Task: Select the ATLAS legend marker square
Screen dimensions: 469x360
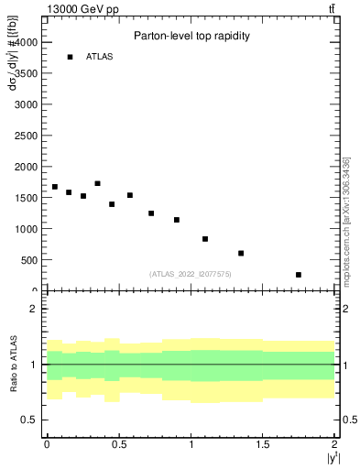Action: [x=70, y=57]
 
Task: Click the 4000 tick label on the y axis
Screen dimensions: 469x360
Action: [x=25, y=42]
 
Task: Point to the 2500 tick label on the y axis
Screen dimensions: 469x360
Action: [x=25, y=136]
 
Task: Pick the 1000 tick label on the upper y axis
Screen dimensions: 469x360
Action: [x=25, y=229]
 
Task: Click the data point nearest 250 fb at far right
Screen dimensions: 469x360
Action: [x=299, y=275]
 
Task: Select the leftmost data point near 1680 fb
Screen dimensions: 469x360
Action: [x=55, y=187]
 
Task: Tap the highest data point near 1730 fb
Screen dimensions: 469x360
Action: [x=98, y=183]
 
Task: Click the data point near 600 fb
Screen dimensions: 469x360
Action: [x=241, y=253]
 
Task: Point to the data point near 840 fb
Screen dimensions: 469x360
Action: [x=205, y=239]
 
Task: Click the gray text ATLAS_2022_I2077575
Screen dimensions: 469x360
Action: [x=191, y=274]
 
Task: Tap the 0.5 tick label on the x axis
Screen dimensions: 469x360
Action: [x=119, y=444]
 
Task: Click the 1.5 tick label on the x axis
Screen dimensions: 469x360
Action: [x=263, y=444]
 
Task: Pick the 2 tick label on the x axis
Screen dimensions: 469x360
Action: [x=335, y=444]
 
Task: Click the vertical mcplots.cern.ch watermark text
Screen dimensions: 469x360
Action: [x=347, y=211]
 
